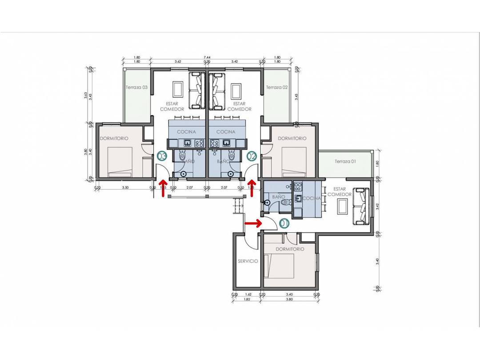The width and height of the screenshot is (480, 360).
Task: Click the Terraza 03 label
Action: pyautogui.click(x=136, y=88)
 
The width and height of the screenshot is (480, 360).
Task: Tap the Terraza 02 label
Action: pyautogui.click(x=276, y=88)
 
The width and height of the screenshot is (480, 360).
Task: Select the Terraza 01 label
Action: pyautogui.click(x=345, y=161)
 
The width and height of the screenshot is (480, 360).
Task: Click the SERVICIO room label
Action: pyautogui.click(x=248, y=261)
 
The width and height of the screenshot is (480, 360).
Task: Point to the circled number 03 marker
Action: pyautogui.click(x=161, y=156)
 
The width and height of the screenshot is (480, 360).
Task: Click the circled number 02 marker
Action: pyautogui.click(x=252, y=156)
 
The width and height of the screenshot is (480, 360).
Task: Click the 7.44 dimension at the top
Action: pyautogui.click(x=207, y=58)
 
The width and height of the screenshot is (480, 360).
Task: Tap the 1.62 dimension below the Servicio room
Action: pyautogui.click(x=248, y=294)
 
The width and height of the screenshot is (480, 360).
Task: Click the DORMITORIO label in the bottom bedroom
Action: pyautogui.click(x=290, y=249)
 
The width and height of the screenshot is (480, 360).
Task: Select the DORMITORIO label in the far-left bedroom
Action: pyautogui.click(x=114, y=139)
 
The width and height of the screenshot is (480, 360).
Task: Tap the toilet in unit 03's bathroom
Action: pyautogui.click(x=183, y=156)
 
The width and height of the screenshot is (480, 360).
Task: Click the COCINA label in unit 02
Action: pyautogui.click(x=226, y=132)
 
